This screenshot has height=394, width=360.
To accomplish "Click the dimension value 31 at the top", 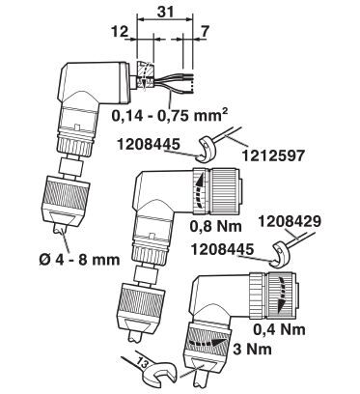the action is click(x=166, y=12).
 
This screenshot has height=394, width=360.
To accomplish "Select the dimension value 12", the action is click(x=120, y=32).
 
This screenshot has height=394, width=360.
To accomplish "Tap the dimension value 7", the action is click(x=205, y=32).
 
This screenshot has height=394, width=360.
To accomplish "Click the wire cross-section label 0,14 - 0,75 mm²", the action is click(x=170, y=115).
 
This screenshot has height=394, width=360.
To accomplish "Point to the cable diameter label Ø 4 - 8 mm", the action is click(x=79, y=260).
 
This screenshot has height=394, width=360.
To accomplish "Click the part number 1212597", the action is click(x=273, y=155).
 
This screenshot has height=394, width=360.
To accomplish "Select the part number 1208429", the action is click(x=290, y=221).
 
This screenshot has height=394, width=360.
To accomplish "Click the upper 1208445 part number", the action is click(x=148, y=144).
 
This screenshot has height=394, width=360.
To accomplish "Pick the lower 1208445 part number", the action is click(x=222, y=250).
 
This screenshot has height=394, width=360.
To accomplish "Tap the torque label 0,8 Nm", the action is click(x=215, y=226).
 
